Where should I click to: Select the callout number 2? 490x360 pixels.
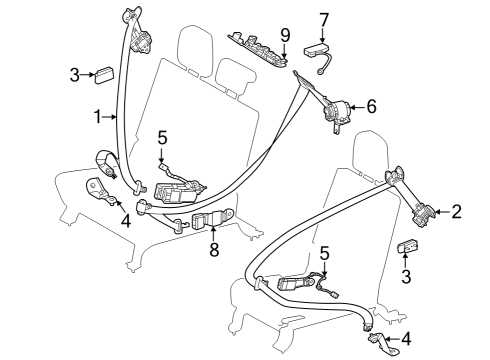456,211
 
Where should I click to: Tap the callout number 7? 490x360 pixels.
323,18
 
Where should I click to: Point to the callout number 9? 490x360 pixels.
285,34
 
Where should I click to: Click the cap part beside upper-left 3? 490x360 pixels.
105,73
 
